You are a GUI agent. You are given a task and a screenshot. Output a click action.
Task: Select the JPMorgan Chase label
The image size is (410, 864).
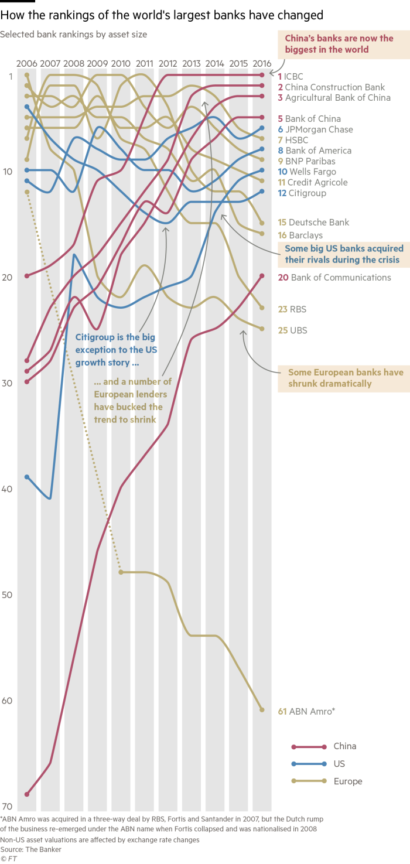[319, 129]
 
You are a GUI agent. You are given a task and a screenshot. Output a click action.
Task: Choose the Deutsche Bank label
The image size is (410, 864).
[319, 222]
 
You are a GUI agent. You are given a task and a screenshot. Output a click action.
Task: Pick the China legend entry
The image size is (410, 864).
[344, 746]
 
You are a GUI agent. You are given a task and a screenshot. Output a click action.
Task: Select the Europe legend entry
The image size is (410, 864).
[348, 781]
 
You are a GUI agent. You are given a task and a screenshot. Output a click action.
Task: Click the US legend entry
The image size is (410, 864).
[339, 764]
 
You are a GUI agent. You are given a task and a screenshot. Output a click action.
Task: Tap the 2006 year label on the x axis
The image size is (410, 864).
[27, 63]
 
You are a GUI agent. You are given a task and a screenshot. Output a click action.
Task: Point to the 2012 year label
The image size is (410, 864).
[168, 63]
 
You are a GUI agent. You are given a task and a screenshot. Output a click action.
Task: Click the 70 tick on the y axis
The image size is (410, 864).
[7, 807]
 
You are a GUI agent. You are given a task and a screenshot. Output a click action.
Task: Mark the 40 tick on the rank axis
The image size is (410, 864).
[7, 489]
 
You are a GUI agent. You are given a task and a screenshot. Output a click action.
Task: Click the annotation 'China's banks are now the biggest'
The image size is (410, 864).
[339, 44]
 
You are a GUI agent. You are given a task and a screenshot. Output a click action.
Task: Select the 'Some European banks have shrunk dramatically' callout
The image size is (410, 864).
[345, 378]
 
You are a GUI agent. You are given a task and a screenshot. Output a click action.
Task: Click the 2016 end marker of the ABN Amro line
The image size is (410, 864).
[262, 710]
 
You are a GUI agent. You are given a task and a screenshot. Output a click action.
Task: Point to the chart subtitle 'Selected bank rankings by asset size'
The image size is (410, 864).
[73, 35]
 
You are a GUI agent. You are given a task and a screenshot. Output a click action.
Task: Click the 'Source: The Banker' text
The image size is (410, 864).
[30, 849]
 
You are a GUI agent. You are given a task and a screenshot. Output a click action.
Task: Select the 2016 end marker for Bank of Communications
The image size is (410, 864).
[262, 276]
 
